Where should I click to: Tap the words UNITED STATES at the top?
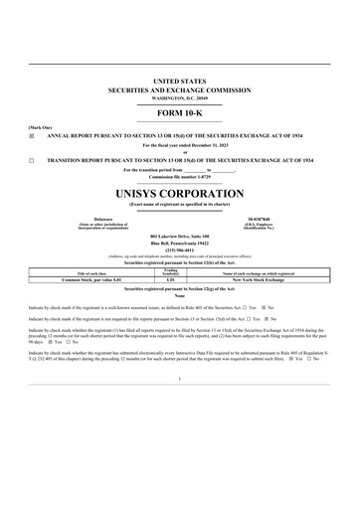tap(180, 78)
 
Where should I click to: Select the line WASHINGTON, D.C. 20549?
tap(180, 92)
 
